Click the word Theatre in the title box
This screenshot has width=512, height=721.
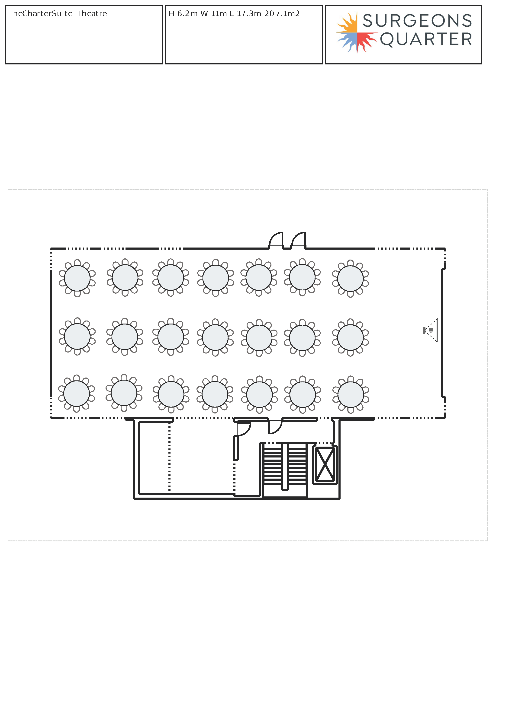[x=92, y=13]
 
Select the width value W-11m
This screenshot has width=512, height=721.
[x=213, y=13]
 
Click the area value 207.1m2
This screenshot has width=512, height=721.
[x=282, y=13]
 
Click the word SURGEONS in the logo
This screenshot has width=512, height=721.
[x=417, y=21]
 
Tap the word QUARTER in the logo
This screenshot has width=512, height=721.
[x=426, y=39]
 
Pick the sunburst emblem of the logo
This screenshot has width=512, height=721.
[x=357, y=32]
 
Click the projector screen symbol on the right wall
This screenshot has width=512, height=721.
[x=437, y=330]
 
